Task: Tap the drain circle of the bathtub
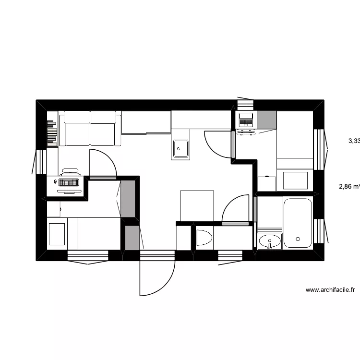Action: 298,239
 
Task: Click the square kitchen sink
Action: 180,148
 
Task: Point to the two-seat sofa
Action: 90,128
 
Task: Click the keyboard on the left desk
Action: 69,183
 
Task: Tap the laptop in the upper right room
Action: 246,120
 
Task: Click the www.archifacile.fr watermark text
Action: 330,290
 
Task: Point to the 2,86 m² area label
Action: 349,187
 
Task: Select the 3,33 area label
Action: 354,141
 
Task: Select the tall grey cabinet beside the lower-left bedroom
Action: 127,197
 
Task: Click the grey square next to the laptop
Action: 267,119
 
